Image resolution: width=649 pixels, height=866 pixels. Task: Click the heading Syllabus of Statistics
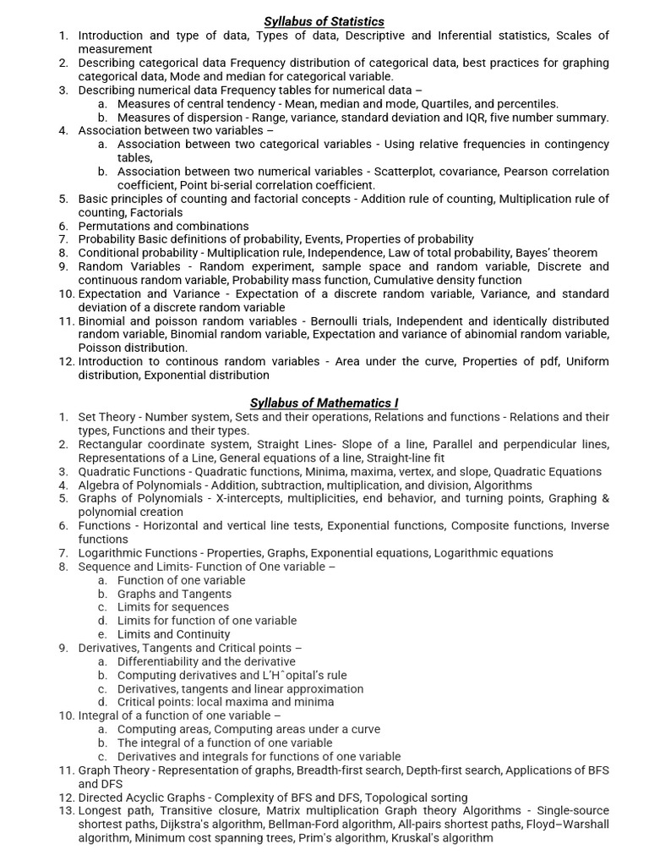click(x=324, y=21)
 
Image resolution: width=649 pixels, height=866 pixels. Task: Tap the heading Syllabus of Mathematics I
click(x=324, y=403)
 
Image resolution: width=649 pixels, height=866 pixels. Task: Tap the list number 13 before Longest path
click(x=66, y=811)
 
